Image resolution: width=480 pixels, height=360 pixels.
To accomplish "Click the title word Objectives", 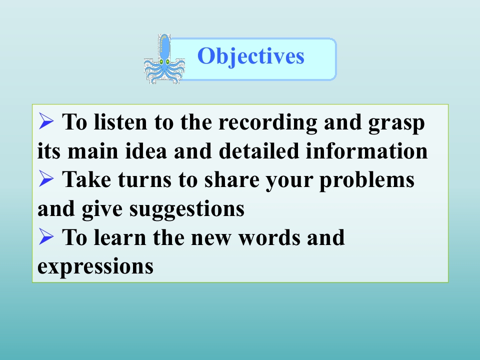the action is pyautogui.click(x=250, y=56).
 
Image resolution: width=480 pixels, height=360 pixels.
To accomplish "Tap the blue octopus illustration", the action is pyautogui.click(x=164, y=59).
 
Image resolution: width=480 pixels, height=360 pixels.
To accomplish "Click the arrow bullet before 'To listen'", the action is pyautogui.click(x=46, y=121).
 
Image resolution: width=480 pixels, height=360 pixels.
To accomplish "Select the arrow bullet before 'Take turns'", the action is pyautogui.click(x=46, y=178).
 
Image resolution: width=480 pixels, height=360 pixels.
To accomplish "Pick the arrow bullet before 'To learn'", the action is pyautogui.click(x=46, y=236).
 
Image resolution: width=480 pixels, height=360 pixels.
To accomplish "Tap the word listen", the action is pyautogui.click(x=120, y=122).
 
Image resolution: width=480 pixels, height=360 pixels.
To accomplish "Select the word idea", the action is pyautogui.click(x=146, y=150).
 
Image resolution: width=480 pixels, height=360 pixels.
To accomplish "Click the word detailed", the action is pyautogui.click(x=258, y=150).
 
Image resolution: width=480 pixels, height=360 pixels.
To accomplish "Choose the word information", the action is pyautogui.click(x=366, y=150).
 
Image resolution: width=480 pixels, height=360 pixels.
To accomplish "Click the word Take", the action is pyautogui.click(x=86, y=179).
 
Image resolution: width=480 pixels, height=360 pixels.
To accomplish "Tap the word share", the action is pyautogui.click(x=231, y=179).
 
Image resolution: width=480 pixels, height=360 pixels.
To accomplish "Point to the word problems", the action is pyautogui.click(x=366, y=180).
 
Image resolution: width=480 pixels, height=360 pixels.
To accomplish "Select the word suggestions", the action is pyautogui.click(x=186, y=209).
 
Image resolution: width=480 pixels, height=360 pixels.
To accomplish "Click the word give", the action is pyautogui.click(x=101, y=209).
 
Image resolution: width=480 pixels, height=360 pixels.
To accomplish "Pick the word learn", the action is pyautogui.click(x=119, y=237).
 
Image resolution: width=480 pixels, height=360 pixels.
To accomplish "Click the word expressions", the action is pyautogui.click(x=95, y=267).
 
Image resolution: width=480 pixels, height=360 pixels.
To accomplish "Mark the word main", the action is pyautogui.click(x=93, y=150).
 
